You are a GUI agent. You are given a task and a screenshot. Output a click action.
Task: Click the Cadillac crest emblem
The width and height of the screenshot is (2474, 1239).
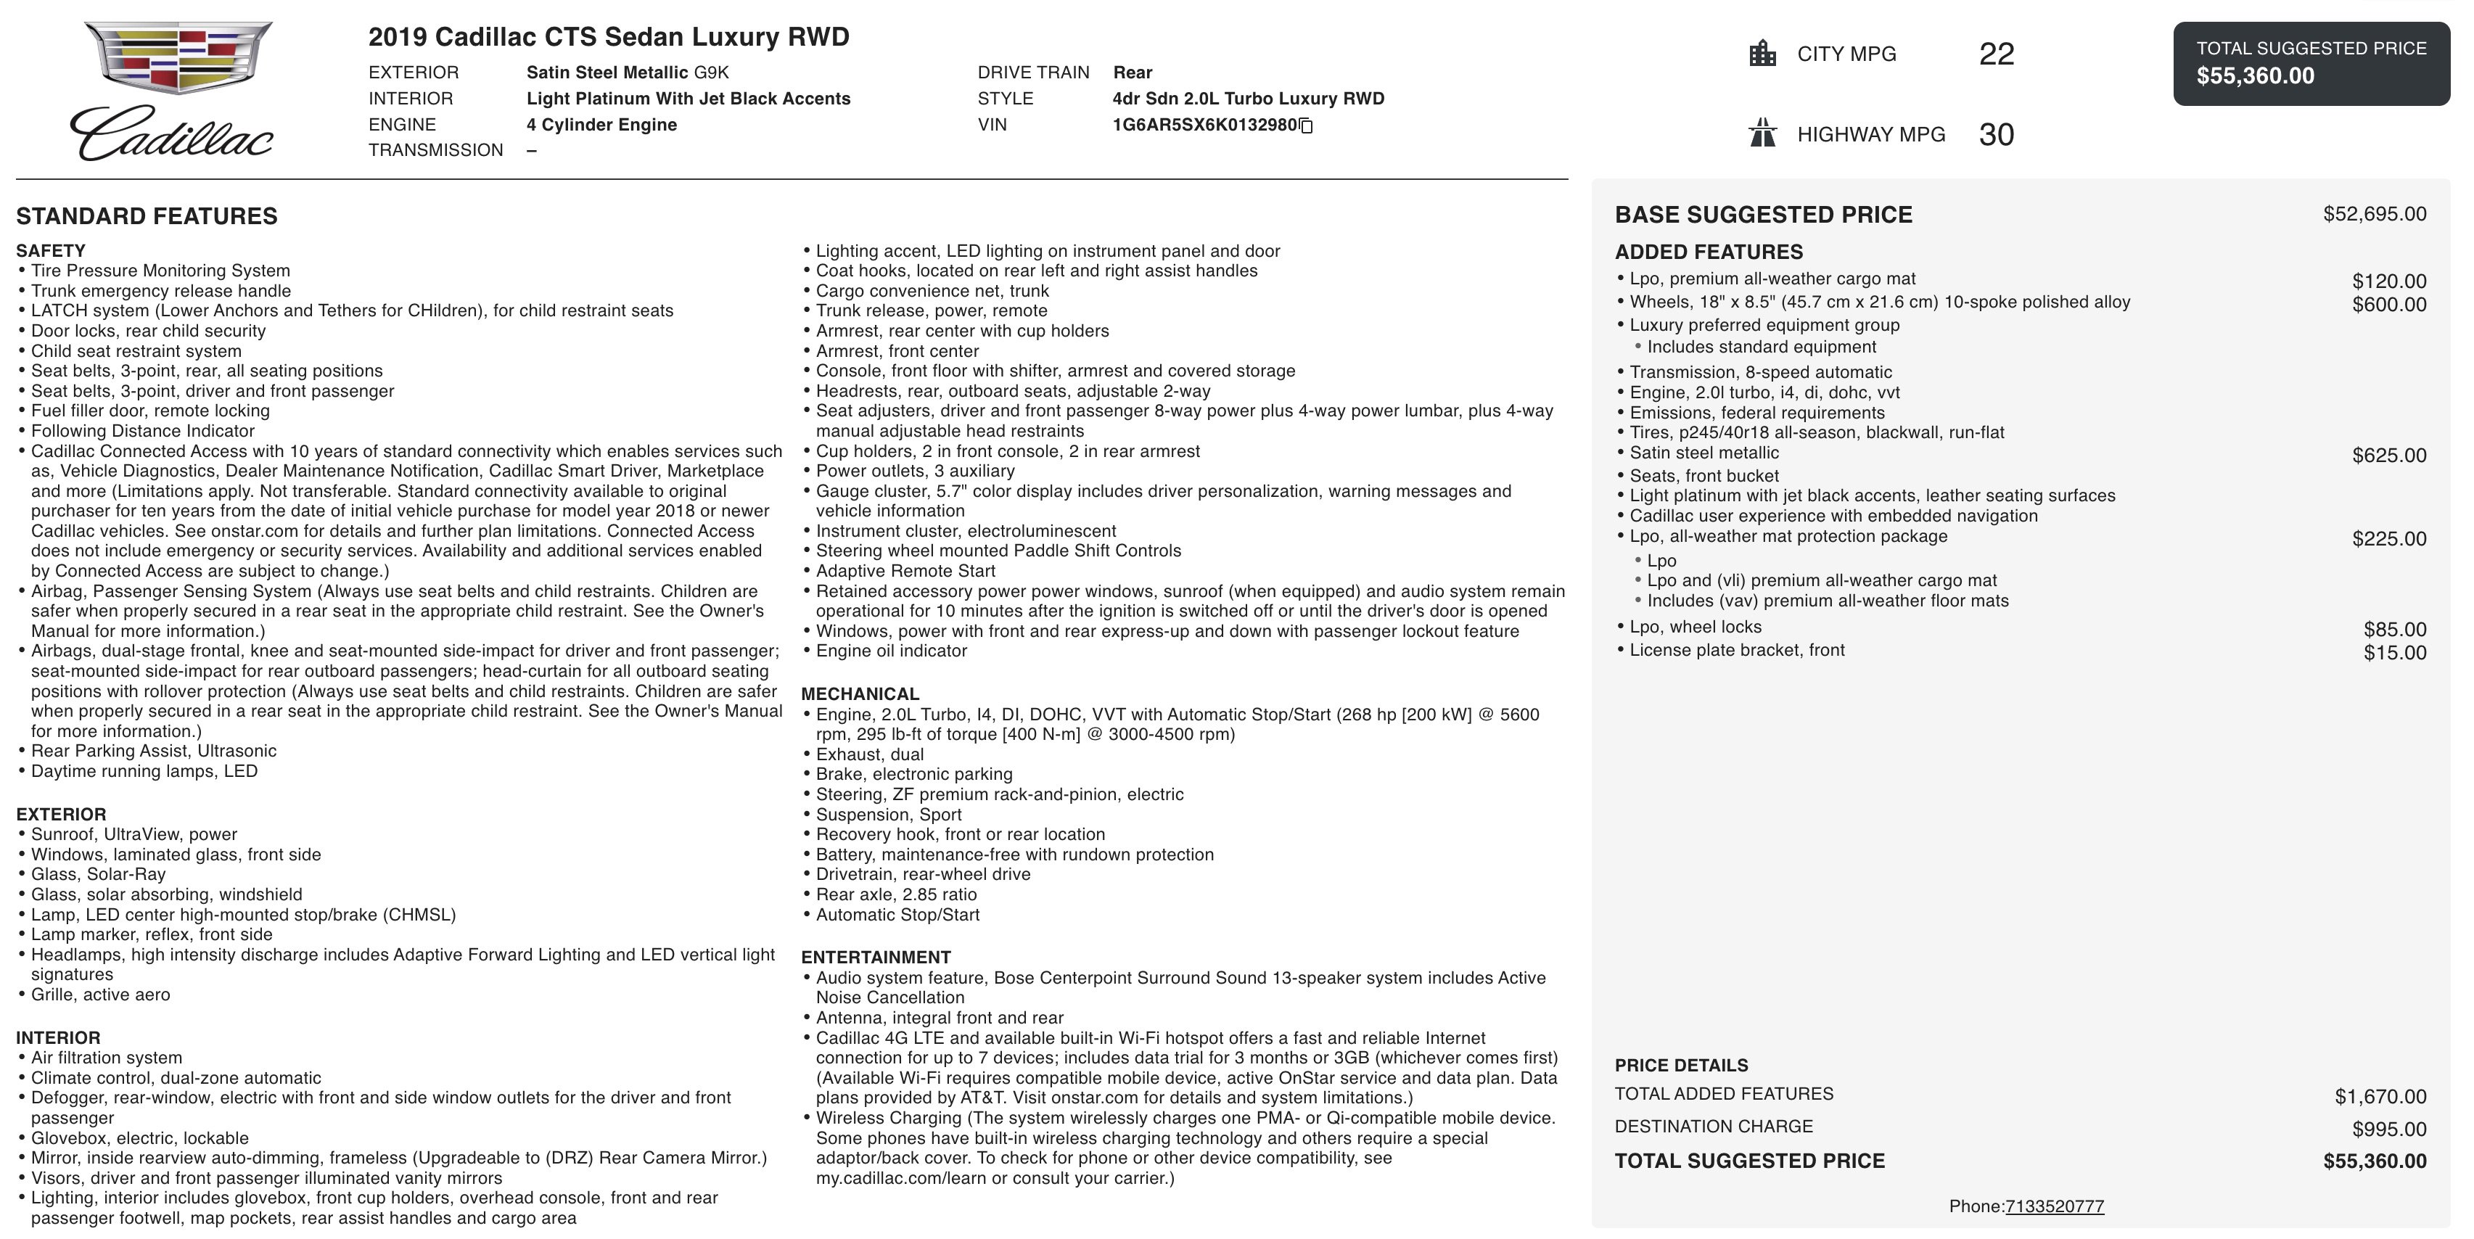[178, 57]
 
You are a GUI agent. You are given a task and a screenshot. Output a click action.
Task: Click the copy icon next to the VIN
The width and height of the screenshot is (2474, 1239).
[1306, 125]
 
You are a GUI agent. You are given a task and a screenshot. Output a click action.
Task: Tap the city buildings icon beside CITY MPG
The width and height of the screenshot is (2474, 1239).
[1762, 54]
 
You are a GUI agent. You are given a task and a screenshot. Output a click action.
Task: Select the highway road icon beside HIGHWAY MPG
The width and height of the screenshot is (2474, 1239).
[1762, 133]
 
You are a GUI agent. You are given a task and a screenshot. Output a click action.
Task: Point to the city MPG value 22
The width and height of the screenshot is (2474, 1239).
[1996, 54]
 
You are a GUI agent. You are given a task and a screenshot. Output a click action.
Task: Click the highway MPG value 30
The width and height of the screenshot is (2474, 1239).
[1996, 134]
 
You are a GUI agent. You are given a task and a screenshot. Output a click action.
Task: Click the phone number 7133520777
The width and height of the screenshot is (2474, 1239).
[2055, 1206]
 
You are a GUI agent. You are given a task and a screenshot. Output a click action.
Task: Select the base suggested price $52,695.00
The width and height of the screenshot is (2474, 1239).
[2374, 214]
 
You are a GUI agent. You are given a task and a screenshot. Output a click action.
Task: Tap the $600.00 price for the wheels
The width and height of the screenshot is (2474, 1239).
[2388, 305]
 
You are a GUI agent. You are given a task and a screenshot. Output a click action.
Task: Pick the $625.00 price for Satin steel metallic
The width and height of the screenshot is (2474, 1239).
[2388, 456]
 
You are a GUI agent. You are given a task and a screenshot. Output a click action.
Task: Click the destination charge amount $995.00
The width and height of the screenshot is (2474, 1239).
[2388, 1129]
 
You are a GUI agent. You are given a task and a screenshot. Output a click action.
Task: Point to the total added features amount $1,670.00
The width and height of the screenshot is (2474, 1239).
[2380, 1097]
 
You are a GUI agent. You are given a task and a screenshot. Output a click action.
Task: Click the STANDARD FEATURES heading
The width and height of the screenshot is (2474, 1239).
[147, 216]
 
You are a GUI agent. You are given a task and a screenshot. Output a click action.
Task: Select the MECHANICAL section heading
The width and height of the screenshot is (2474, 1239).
[860, 694]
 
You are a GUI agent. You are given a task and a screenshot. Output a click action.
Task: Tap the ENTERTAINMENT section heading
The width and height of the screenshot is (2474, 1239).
[876, 958]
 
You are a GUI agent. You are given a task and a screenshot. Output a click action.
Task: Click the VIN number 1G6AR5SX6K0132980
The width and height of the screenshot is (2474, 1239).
[1204, 125]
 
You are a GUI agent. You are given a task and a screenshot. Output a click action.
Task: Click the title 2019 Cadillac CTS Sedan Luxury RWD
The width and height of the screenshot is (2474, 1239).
[609, 38]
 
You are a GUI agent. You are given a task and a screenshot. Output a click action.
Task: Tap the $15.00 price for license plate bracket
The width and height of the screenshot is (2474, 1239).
[2394, 653]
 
